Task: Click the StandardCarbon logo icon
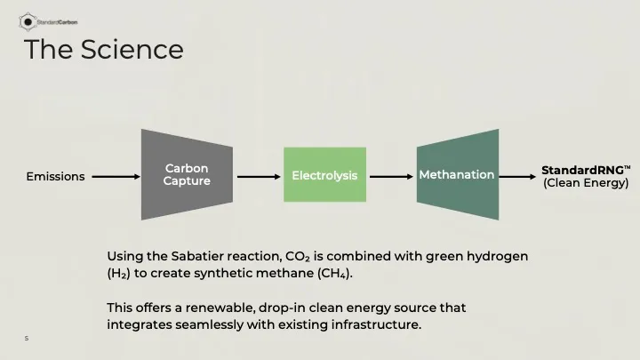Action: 28,20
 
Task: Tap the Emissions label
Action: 55,176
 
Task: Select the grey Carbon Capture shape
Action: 187,174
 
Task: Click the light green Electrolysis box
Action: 324,175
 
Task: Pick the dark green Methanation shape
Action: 457,174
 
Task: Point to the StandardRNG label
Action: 585,169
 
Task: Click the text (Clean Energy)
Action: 586,183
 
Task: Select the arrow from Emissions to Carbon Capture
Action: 116,176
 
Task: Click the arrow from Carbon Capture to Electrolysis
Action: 259,176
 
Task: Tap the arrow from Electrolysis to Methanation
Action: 391,176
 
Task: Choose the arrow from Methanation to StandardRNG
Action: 519,176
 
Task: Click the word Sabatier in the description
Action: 198,256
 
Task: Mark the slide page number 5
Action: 27,338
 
